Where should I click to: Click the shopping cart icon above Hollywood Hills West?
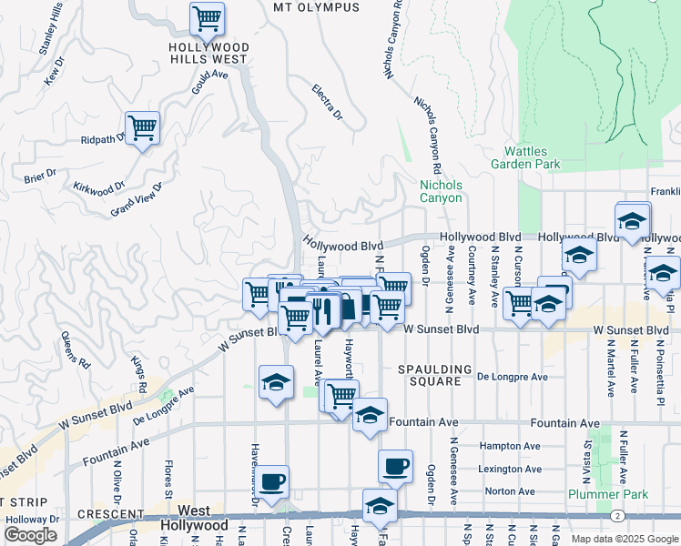click(207, 17)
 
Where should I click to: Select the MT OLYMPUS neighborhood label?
click(316, 7)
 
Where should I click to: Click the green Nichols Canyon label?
click(441, 191)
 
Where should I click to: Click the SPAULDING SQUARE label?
click(435, 376)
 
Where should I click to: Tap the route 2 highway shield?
click(617, 516)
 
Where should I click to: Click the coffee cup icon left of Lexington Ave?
click(395, 466)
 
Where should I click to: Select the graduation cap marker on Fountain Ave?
click(370, 415)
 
